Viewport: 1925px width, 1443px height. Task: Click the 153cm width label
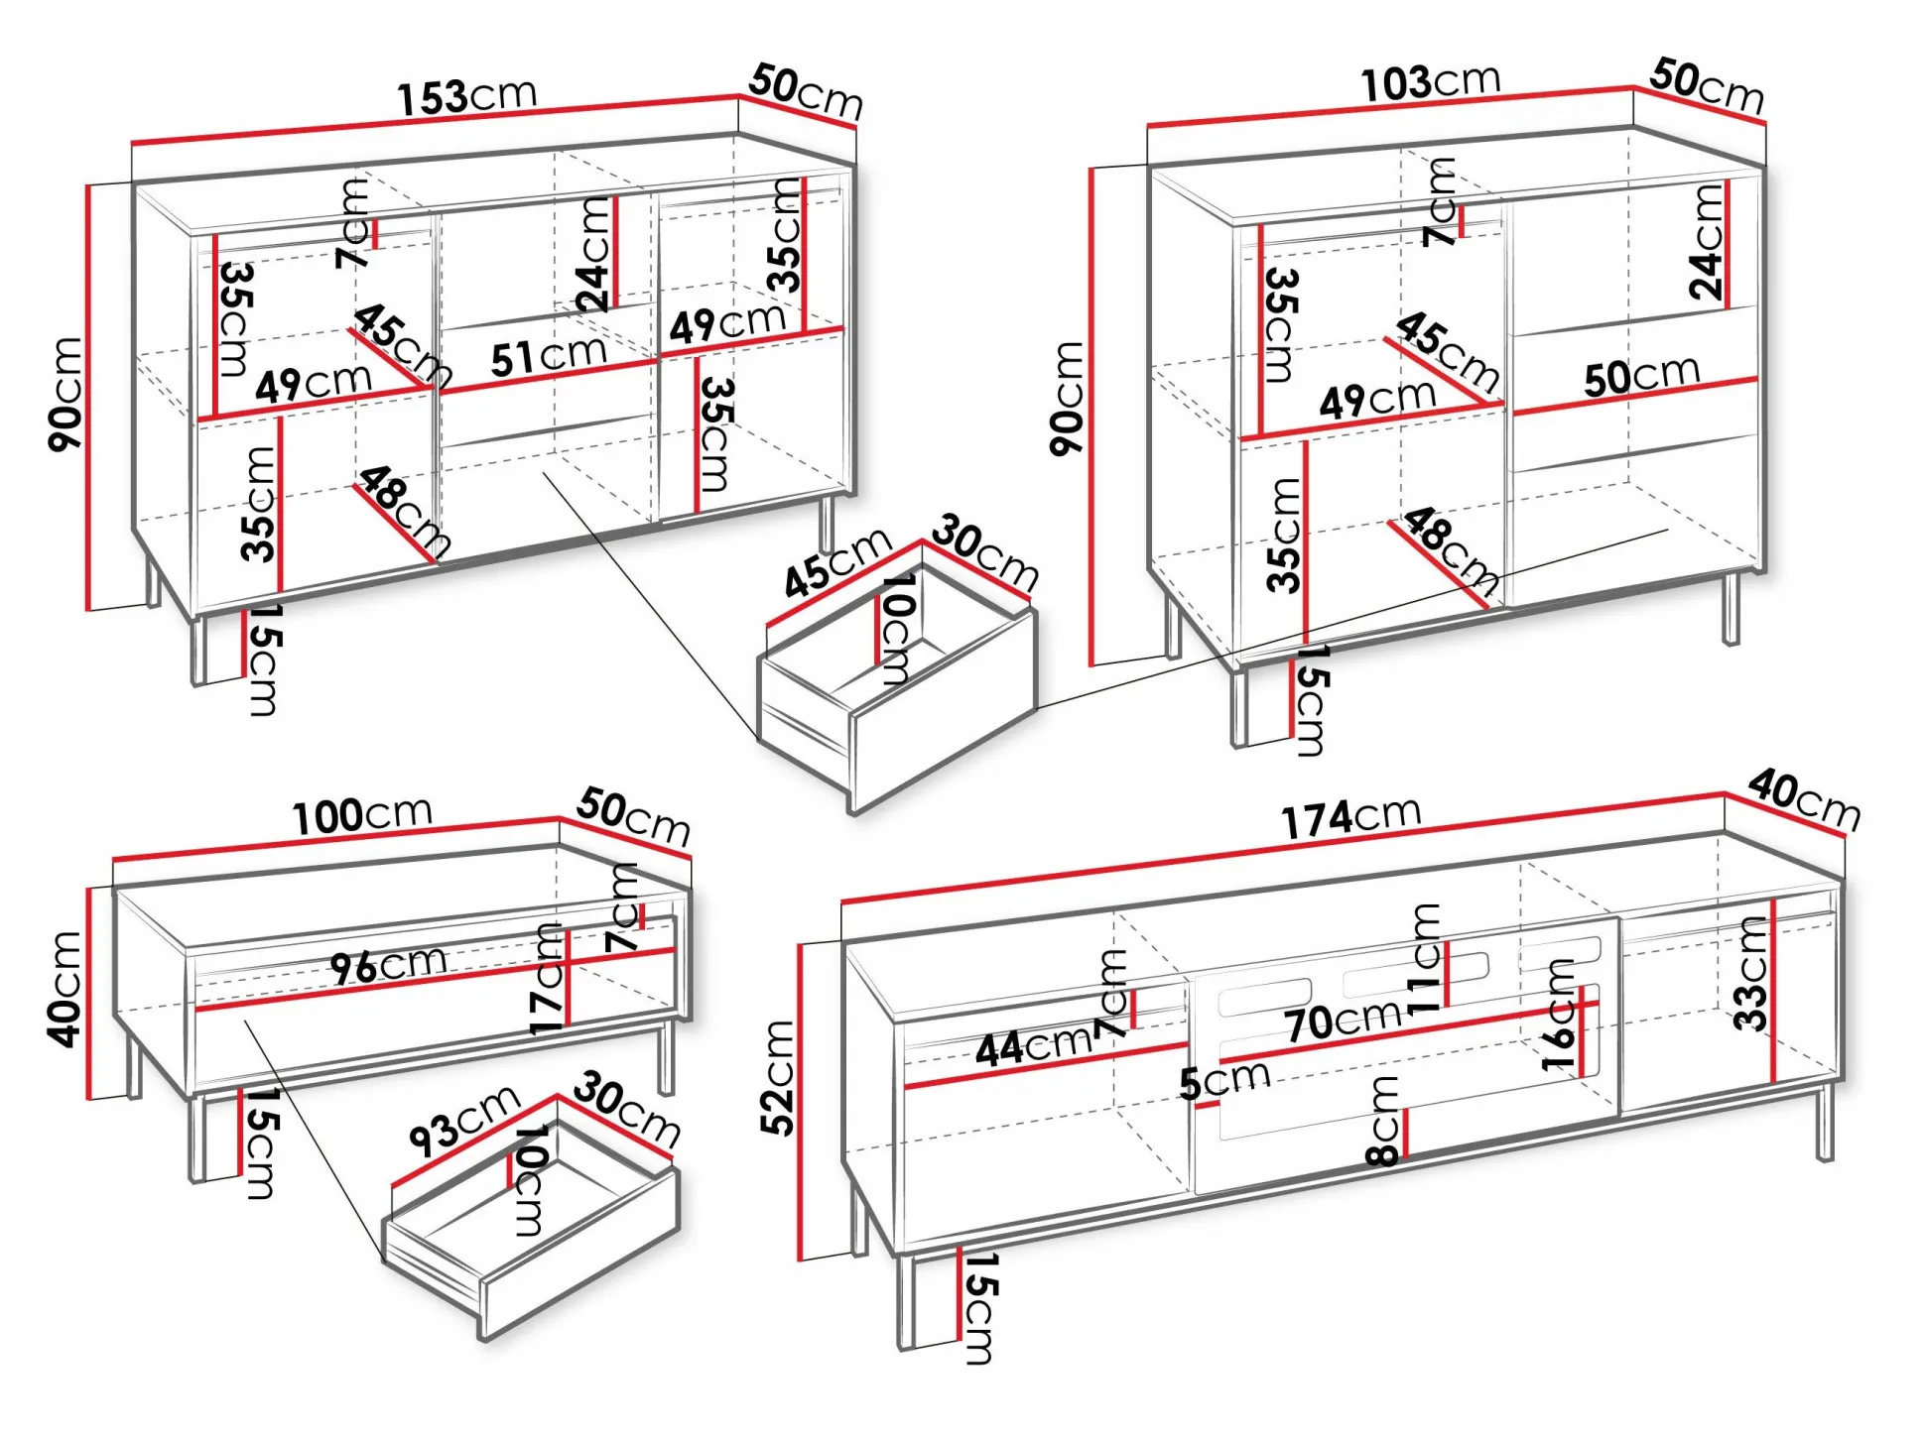pyautogui.click(x=467, y=96)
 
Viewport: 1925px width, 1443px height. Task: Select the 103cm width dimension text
pyautogui.click(x=1430, y=82)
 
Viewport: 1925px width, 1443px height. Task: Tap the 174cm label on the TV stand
pyautogui.click(x=1350, y=818)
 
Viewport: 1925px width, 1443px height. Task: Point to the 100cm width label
pyautogui.click(x=362, y=815)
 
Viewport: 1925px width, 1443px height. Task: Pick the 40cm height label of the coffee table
pyautogui.click(x=64, y=989)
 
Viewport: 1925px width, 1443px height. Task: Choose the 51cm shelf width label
pyautogui.click(x=548, y=355)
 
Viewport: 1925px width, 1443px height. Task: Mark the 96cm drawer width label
pyautogui.click(x=388, y=965)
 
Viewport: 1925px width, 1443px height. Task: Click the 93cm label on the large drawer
pyautogui.click(x=464, y=1120)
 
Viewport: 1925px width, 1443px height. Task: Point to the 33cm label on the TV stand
pyautogui.click(x=1751, y=974)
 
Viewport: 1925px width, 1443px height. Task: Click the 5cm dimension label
pyautogui.click(x=1224, y=1079)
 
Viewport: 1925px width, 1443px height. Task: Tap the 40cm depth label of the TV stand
pyautogui.click(x=1804, y=799)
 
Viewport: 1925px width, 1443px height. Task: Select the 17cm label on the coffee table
pyautogui.click(x=547, y=979)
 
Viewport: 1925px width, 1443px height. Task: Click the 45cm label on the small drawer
pyautogui.click(x=837, y=562)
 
